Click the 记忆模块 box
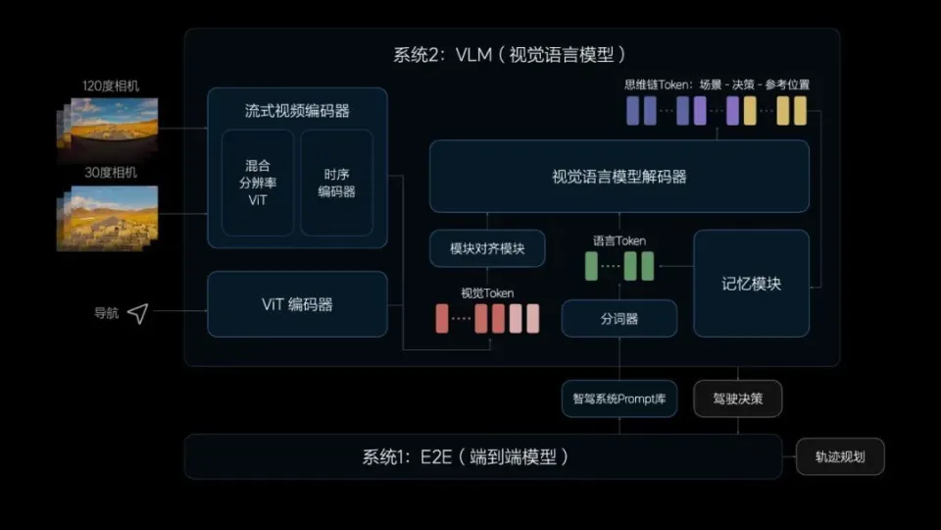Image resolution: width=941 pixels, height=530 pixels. pyautogui.click(x=752, y=283)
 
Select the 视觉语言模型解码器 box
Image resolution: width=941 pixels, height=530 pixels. pyautogui.click(x=619, y=176)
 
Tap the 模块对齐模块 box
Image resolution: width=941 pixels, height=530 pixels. pyautogui.click(x=487, y=248)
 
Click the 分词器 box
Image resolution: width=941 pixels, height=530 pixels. pyautogui.click(x=619, y=318)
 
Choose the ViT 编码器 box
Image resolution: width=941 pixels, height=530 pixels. pyautogui.click(x=297, y=304)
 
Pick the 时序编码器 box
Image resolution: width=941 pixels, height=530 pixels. pyautogui.click(x=336, y=183)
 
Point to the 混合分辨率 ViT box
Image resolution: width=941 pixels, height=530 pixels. pyautogui.click(x=258, y=183)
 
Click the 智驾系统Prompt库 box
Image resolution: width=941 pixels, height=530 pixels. pyautogui.click(x=619, y=398)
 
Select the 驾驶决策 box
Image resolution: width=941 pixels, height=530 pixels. pyautogui.click(x=737, y=398)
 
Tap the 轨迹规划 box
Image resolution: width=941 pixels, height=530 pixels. pyautogui.click(x=840, y=456)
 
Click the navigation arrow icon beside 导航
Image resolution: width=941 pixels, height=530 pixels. pyautogui.click(x=138, y=313)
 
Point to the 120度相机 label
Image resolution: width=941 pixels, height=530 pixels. pyautogui.click(x=111, y=86)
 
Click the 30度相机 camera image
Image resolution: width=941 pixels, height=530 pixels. pyautogui.click(x=108, y=218)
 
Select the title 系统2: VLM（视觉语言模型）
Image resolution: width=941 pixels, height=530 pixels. pyautogui.click(x=510, y=55)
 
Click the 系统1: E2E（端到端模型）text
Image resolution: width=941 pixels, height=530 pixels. pyautogui.click(x=466, y=456)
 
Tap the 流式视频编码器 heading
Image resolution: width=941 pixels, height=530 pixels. pyautogui.click(x=297, y=111)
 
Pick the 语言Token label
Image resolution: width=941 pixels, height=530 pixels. pyautogui.click(x=619, y=241)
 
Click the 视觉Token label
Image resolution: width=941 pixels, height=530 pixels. pyautogui.click(x=487, y=293)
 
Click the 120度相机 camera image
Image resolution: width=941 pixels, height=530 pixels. pyautogui.click(x=108, y=124)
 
